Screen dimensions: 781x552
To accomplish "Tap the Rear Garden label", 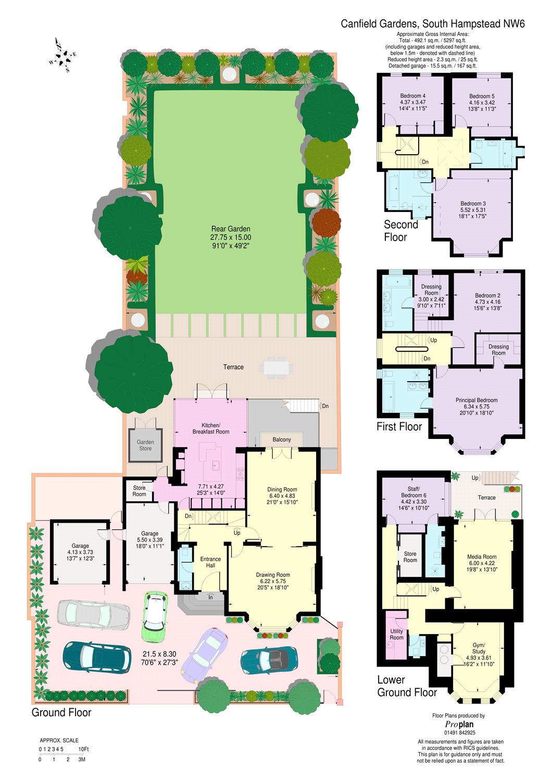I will [x=231, y=229].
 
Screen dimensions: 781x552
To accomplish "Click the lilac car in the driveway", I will [x=204, y=654].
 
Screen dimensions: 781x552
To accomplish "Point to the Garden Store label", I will [x=145, y=445].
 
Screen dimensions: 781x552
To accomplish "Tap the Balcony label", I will [x=282, y=439].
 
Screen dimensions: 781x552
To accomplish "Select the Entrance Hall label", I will [x=210, y=562].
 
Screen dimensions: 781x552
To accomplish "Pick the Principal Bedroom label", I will [x=476, y=400].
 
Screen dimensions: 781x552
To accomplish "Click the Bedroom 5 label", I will [x=482, y=96].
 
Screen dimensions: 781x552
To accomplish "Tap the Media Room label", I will [x=482, y=557].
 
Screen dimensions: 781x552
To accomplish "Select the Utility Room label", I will [x=396, y=634].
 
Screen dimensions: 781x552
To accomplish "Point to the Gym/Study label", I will [x=479, y=648].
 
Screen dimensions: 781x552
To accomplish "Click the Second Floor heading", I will [x=400, y=231].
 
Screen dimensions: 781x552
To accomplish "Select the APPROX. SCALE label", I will [x=59, y=740].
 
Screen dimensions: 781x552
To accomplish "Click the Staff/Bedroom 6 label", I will [x=413, y=492].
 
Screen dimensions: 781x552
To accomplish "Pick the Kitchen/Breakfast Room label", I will [x=211, y=429].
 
